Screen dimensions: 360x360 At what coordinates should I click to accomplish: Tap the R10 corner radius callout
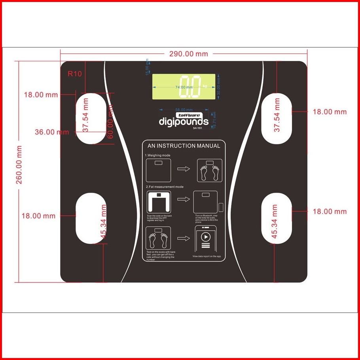pos(74,74)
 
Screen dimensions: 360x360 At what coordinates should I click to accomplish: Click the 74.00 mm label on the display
pos(184,87)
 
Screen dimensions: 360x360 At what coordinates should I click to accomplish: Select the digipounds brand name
pos(183,121)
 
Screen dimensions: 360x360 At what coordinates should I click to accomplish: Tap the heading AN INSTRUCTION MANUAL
pos(184,146)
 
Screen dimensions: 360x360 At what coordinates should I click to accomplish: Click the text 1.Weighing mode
pos(158,155)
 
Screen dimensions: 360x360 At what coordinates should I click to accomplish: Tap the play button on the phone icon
pos(206,237)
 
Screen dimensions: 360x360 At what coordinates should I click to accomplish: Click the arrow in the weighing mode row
pos(184,169)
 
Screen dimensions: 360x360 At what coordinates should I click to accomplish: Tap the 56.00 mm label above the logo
pos(184,110)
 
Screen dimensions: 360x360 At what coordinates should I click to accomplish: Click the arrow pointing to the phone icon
pos(184,239)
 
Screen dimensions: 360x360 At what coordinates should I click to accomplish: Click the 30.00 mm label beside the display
pos(218,87)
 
